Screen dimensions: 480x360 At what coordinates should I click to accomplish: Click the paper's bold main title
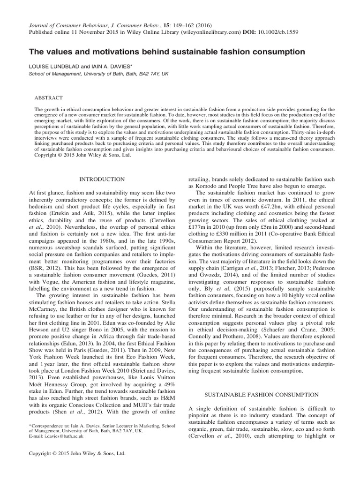click(167, 52)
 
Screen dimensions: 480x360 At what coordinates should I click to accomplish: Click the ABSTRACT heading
click(49, 97)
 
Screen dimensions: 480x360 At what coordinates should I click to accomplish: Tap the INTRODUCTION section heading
click(102, 179)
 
